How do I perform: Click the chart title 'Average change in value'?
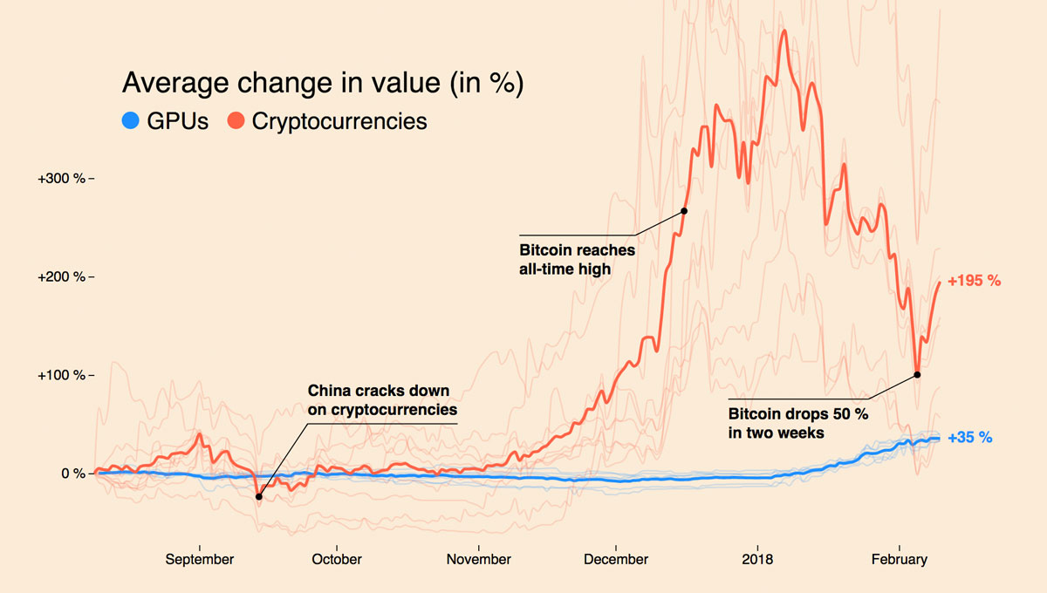point(322,83)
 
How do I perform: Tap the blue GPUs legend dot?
point(131,121)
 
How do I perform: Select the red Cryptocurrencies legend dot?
point(236,121)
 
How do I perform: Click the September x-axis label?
point(200,559)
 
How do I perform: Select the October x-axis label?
point(337,559)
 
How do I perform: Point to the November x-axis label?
point(478,559)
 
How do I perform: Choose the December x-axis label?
point(615,559)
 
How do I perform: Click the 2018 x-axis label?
point(756,559)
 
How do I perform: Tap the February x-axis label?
point(900,559)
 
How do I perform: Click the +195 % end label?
point(974,281)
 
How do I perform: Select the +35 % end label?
point(970,438)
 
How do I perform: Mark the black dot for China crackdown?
point(258,496)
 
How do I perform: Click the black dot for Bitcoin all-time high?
point(684,211)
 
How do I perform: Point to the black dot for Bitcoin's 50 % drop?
point(917,375)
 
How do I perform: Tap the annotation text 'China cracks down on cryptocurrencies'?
point(382,399)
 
